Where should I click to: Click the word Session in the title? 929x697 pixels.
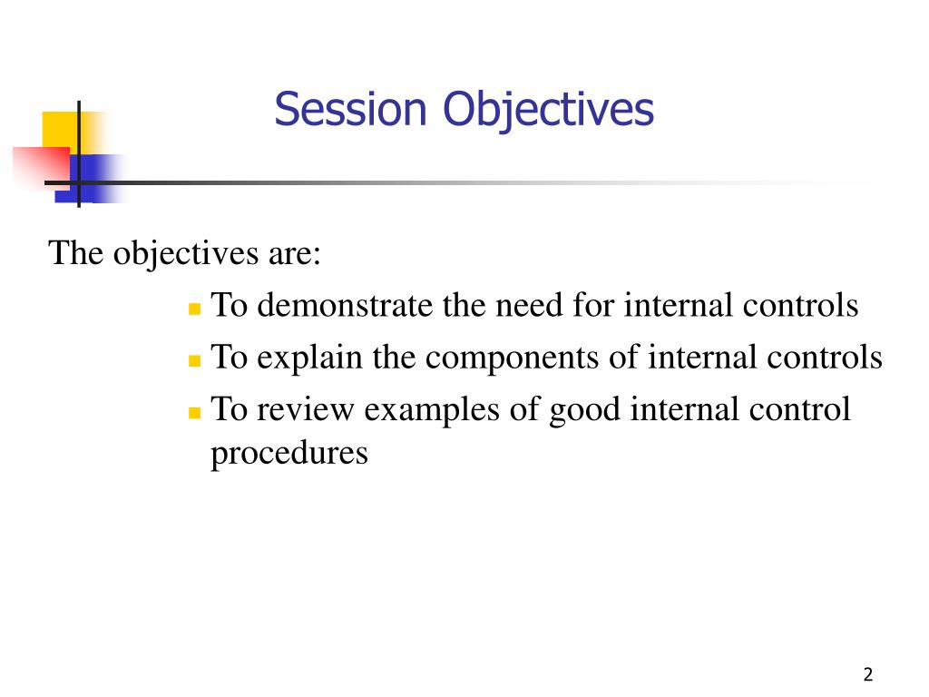[x=350, y=109]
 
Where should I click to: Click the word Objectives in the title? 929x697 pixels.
[x=549, y=111]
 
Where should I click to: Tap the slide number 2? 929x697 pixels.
[x=868, y=674]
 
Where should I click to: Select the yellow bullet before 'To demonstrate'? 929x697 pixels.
[x=194, y=309]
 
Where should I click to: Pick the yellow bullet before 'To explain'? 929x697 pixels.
[x=194, y=361]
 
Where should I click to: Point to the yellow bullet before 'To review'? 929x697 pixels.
[x=194, y=413]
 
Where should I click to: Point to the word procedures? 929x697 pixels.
[x=289, y=455]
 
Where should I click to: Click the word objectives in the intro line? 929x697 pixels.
[x=185, y=255]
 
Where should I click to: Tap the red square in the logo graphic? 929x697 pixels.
[x=41, y=168]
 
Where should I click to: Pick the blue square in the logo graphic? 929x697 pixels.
[x=89, y=179]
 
